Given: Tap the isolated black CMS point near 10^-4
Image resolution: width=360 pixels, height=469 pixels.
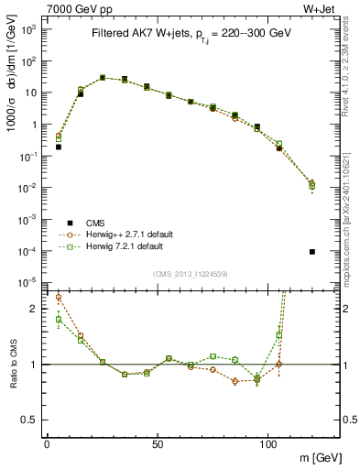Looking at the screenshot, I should [312, 252].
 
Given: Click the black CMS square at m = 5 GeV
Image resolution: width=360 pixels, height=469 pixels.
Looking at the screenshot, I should [59, 147].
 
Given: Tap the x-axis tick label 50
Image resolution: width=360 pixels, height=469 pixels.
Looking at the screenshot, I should [158, 443].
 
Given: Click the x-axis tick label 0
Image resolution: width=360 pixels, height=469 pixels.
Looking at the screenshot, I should [48, 443].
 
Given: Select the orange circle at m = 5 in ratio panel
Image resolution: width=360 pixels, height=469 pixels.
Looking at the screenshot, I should [59, 297].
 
